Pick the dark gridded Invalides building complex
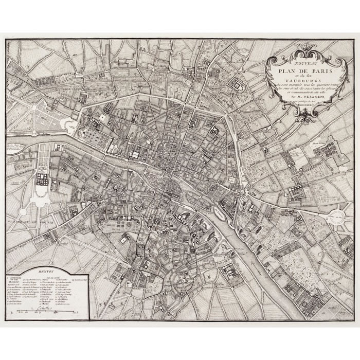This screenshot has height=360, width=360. pos(42,179)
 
